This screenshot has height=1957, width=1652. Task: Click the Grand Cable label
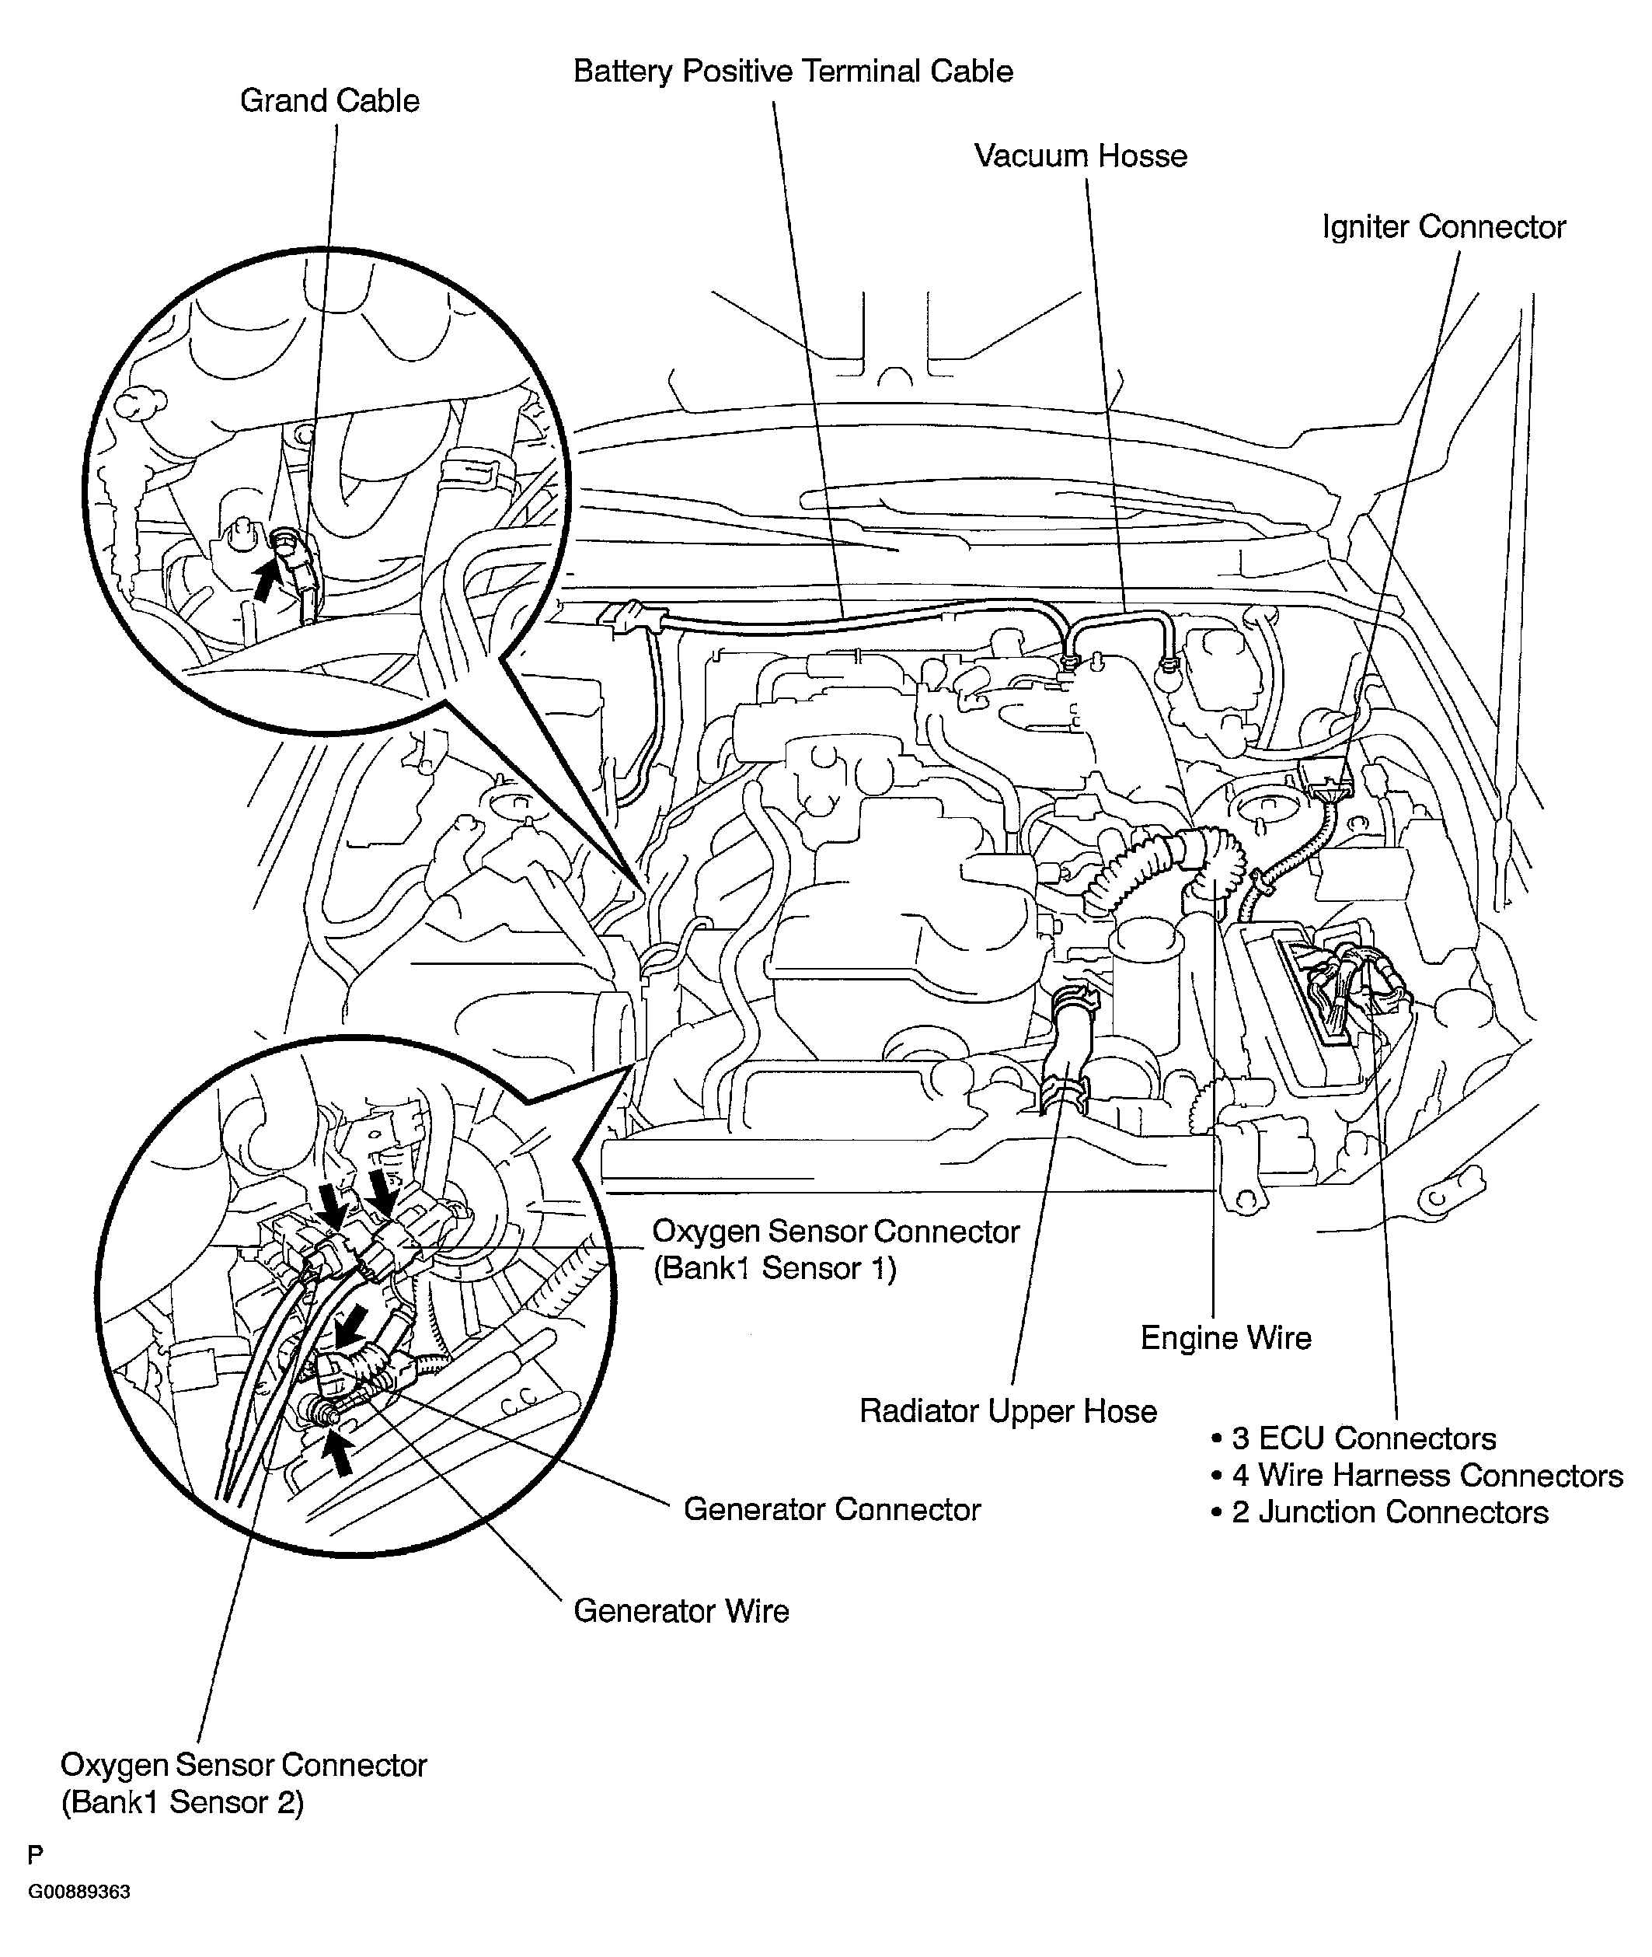pyautogui.click(x=329, y=100)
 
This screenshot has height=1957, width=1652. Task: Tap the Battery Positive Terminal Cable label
pyautogui.click(x=793, y=72)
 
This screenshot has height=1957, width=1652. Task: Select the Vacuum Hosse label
pyautogui.click(x=1080, y=156)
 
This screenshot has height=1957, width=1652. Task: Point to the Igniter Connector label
pyautogui.click(x=1443, y=227)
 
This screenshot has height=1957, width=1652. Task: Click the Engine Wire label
pyautogui.click(x=1225, y=1338)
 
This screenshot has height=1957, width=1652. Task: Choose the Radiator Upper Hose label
pyautogui.click(x=1008, y=1411)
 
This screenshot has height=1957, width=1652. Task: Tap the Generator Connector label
pyautogui.click(x=831, y=1509)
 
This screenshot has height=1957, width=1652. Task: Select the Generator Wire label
pyautogui.click(x=681, y=1610)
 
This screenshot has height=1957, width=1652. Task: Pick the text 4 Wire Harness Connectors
pyautogui.click(x=1427, y=1476)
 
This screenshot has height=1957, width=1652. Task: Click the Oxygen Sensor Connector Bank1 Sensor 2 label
pyautogui.click(x=243, y=1783)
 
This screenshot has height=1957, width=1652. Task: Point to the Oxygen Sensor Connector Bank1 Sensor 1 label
pyautogui.click(x=835, y=1249)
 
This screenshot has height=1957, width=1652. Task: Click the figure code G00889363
pyautogui.click(x=78, y=1892)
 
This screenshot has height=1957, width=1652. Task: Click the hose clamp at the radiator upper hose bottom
pyautogui.click(x=1065, y=1092)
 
